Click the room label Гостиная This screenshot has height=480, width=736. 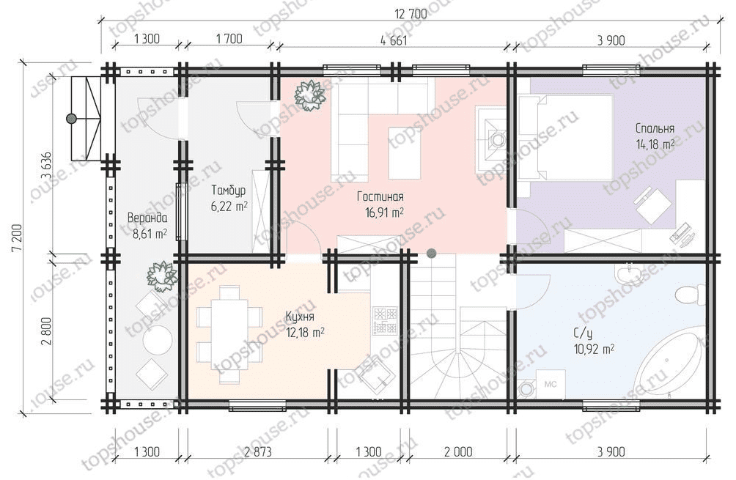[x=380, y=196]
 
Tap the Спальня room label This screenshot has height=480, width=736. [x=655, y=128]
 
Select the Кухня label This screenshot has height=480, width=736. [x=300, y=317]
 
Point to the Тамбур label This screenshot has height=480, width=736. [x=228, y=191]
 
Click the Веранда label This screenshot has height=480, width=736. [x=147, y=218]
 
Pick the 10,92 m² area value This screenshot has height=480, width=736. [x=594, y=349]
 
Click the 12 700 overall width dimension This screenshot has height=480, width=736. [x=411, y=14]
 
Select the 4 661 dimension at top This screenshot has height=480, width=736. [x=394, y=40]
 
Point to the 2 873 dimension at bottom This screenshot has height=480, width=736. [x=258, y=452]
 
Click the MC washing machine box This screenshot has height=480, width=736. [x=550, y=384]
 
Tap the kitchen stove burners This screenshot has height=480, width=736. [x=385, y=322]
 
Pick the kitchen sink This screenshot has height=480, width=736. [x=377, y=378]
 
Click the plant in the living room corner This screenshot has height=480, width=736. [x=309, y=95]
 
